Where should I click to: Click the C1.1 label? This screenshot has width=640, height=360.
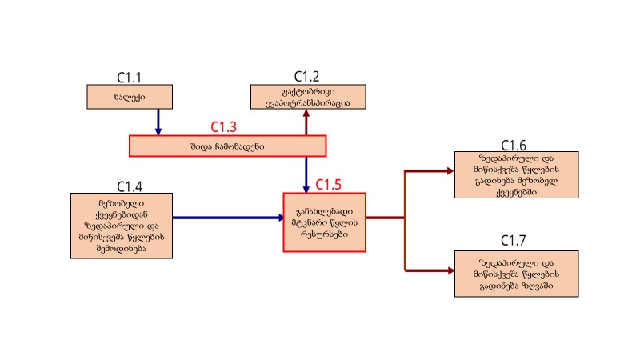(x=129, y=78)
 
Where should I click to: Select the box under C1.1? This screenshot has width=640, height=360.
(x=125, y=96)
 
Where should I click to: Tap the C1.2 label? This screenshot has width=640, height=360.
(x=306, y=76)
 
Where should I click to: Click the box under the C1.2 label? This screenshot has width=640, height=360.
(x=307, y=96)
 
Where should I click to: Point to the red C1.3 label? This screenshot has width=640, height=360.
(x=224, y=126)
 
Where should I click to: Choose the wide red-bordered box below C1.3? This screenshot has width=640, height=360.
(x=227, y=146)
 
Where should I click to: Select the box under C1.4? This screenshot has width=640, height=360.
(x=122, y=225)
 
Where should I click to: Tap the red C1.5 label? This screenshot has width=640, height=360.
(x=328, y=185)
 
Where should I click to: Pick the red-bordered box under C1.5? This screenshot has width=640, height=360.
(x=324, y=222)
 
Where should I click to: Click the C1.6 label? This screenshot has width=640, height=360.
(x=514, y=145)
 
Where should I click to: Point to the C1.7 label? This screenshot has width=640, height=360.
(x=514, y=241)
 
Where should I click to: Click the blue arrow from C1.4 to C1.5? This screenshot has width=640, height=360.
(x=228, y=217)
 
